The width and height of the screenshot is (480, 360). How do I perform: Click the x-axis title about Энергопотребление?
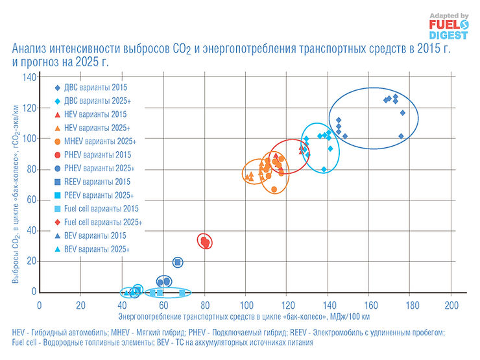click(x=245, y=317)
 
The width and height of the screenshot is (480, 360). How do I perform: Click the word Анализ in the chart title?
click(x=30, y=49)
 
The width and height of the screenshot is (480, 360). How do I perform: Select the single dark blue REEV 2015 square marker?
click(x=178, y=262)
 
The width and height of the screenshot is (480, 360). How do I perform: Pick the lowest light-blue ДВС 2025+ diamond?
click(x=324, y=169)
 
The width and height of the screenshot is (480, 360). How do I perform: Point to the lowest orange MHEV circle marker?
click(x=274, y=189)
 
